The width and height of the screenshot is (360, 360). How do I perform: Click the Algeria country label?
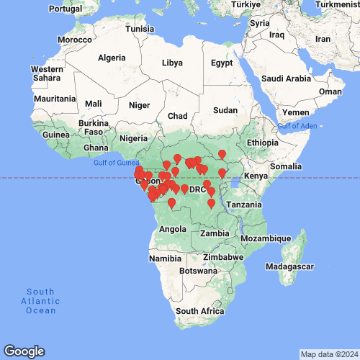pyautogui.click(x=112, y=58)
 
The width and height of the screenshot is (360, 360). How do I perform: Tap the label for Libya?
pyautogui.click(x=172, y=63)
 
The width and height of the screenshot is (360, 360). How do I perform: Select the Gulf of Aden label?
pyautogui.click(x=297, y=127)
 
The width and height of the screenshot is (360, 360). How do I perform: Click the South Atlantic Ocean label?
pyautogui.click(x=40, y=300)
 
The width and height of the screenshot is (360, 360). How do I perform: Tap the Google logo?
pyautogui.click(x=24, y=351)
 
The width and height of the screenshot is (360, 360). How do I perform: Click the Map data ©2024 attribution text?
pyautogui.click(x=328, y=354)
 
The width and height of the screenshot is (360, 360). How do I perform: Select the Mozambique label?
pyautogui.click(x=266, y=238)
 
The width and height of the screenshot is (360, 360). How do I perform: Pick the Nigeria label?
pyautogui.click(x=133, y=138)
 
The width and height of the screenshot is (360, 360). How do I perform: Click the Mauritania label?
pyautogui.click(x=55, y=99)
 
